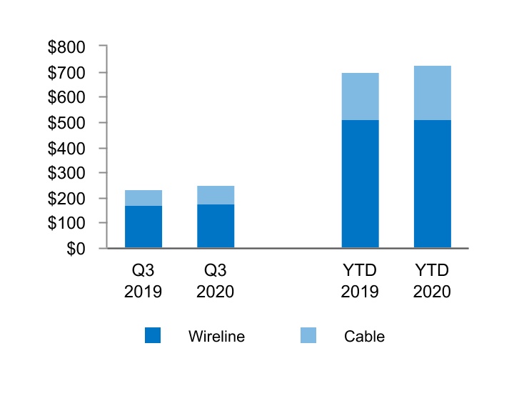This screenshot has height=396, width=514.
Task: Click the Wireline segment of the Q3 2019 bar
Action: [x=143, y=227]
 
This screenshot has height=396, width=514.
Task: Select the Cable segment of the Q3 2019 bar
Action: [x=143, y=198]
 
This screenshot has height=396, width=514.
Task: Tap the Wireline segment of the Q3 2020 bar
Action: [x=216, y=226]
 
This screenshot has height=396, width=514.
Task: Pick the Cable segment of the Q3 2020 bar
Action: [x=216, y=195]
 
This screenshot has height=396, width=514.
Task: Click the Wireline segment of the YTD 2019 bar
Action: [x=360, y=184]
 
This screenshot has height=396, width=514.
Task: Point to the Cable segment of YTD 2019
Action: [x=360, y=96]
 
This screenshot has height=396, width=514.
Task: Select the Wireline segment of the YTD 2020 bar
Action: [x=432, y=184]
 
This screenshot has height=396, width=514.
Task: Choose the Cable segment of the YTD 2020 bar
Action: [x=432, y=93]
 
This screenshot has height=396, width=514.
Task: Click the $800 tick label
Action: [x=66, y=47]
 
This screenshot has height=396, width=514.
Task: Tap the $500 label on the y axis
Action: [x=66, y=122]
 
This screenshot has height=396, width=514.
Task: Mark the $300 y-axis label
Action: [x=66, y=173]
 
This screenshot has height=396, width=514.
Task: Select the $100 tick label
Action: [x=66, y=223]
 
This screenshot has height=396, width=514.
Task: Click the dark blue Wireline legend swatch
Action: [x=153, y=335]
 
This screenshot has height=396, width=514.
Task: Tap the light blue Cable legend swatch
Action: [x=308, y=335]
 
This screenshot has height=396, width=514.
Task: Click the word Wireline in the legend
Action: [x=216, y=336]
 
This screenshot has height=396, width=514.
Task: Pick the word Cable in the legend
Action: [x=364, y=336]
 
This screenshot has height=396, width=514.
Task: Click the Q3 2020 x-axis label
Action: [x=216, y=281]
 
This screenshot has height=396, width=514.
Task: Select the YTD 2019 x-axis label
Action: [x=360, y=281]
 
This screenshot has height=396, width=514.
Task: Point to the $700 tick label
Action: [x=66, y=72]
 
